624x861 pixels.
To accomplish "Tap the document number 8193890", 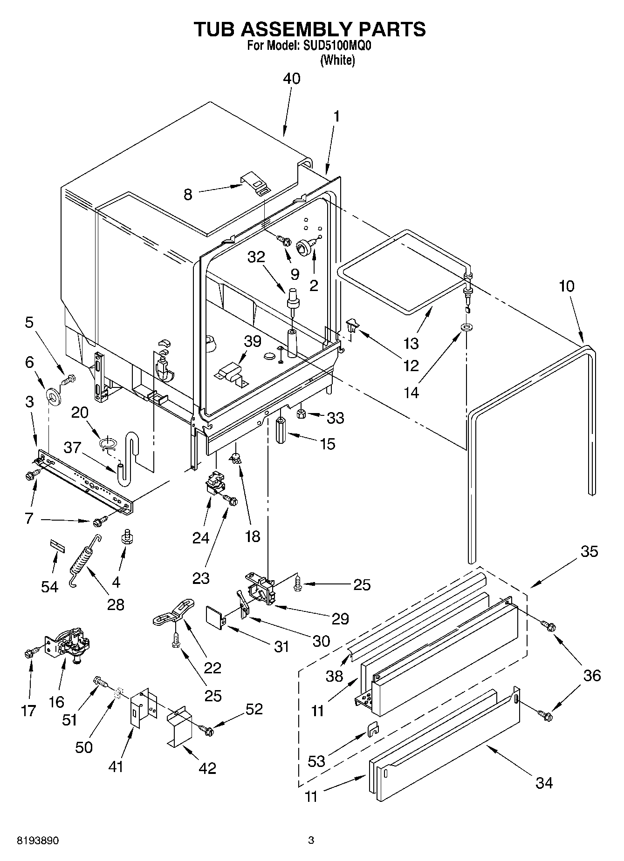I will (38, 841).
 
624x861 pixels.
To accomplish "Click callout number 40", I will (292, 79).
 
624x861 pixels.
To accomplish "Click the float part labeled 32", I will (294, 298).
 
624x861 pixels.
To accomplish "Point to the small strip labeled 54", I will (56, 545).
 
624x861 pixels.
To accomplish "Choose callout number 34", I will (543, 783).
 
